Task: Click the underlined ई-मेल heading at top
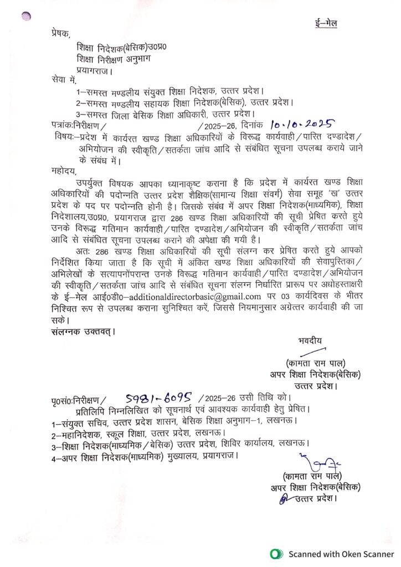coord(323,23)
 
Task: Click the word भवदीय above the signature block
coord(309,340)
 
